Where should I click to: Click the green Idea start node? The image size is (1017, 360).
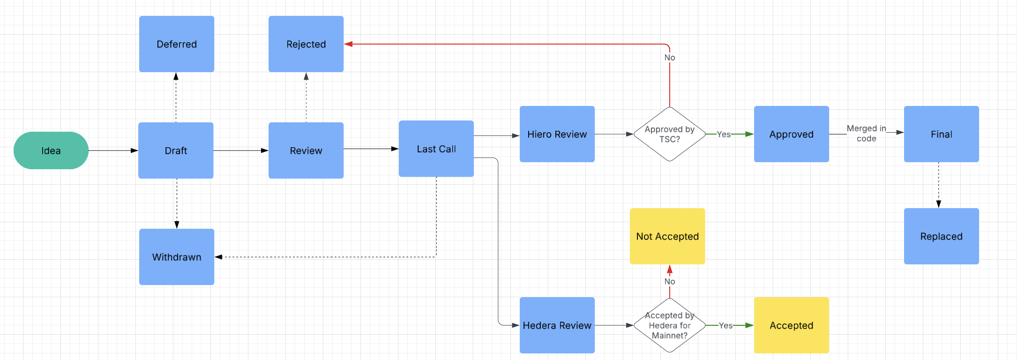(x=51, y=150)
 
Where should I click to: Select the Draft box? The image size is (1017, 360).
(x=176, y=150)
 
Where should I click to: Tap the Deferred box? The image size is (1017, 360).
(x=177, y=44)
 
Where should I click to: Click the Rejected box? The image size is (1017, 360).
(x=306, y=44)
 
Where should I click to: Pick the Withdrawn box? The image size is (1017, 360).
(x=177, y=257)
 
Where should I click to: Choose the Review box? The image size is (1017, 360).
(x=306, y=150)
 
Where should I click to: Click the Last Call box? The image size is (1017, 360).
(x=436, y=149)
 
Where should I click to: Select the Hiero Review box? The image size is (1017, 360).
(x=557, y=134)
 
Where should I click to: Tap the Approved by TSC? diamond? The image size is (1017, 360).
(x=670, y=134)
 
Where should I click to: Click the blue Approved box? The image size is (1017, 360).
(x=792, y=134)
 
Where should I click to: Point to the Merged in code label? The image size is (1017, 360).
(x=866, y=134)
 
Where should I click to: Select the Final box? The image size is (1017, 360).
(x=942, y=134)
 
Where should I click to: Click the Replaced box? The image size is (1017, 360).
(x=942, y=236)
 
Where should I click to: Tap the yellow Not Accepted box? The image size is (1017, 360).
(x=667, y=236)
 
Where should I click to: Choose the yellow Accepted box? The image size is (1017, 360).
(x=792, y=325)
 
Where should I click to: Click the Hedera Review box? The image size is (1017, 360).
(x=557, y=325)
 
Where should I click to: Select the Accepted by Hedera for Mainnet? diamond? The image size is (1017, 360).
(x=670, y=325)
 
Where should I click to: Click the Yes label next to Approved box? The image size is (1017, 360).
(x=724, y=135)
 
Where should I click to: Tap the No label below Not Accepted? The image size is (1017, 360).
(x=670, y=282)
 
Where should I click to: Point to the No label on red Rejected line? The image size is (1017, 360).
(x=670, y=58)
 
